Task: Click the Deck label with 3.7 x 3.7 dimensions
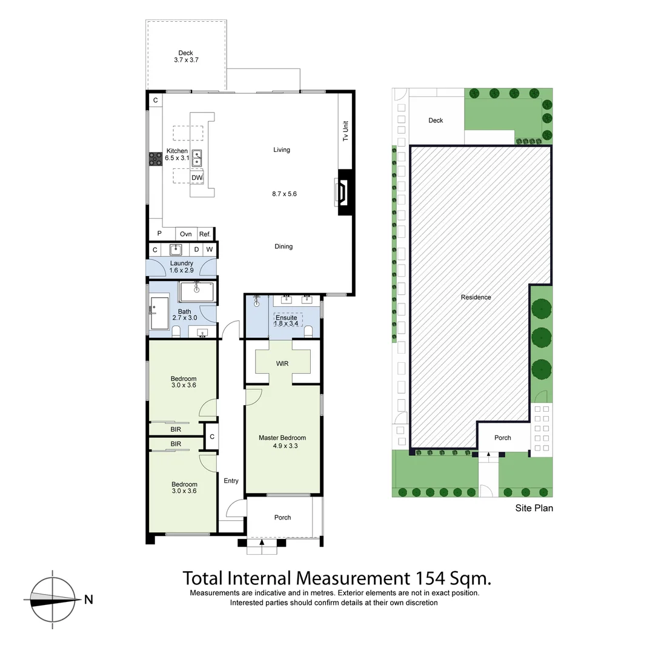(x=185, y=56)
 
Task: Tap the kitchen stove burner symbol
(x=156, y=159)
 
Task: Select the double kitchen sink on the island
(x=197, y=158)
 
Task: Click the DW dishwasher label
(x=197, y=177)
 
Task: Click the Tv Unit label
(x=346, y=131)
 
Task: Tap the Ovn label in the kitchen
(x=185, y=234)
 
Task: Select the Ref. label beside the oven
(x=205, y=234)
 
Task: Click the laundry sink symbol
(x=176, y=249)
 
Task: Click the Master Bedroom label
(x=282, y=438)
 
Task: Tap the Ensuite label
(x=287, y=317)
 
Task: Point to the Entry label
(x=231, y=481)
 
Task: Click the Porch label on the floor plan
(x=282, y=517)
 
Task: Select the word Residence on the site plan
(x=476, y=297)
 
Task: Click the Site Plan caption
(x=534, y=509)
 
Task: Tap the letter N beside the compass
(x=88, y=600)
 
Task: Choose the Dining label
(x=284, y=246)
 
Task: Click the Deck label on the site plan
(x=436, y=121)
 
